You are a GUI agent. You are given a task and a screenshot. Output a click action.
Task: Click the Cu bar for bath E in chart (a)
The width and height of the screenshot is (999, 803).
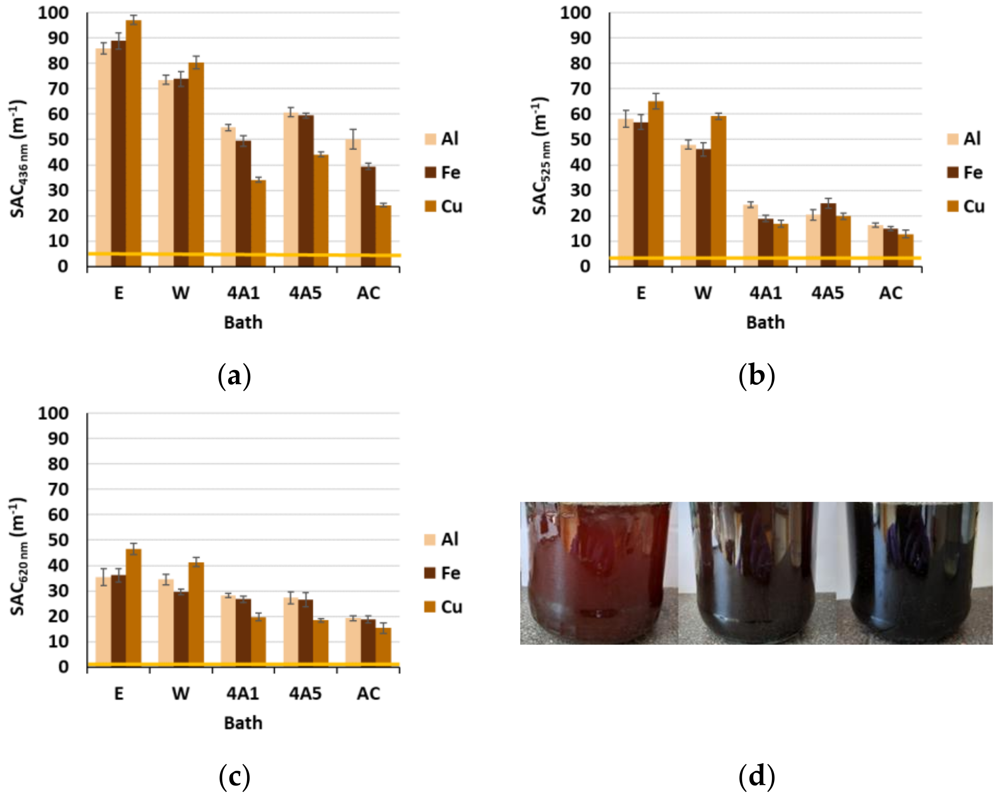point(133,144)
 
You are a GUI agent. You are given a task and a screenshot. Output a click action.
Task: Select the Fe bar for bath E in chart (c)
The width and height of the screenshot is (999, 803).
point(119,621)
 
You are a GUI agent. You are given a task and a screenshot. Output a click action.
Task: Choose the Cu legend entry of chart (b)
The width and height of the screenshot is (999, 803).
point(966,207)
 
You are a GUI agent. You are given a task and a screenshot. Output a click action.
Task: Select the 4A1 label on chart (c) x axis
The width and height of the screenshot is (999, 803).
point(243,693)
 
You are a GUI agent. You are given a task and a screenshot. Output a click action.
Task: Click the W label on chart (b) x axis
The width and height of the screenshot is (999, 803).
point(703,293)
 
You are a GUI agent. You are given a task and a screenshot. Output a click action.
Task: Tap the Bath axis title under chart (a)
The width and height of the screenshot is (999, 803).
point(243,322)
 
